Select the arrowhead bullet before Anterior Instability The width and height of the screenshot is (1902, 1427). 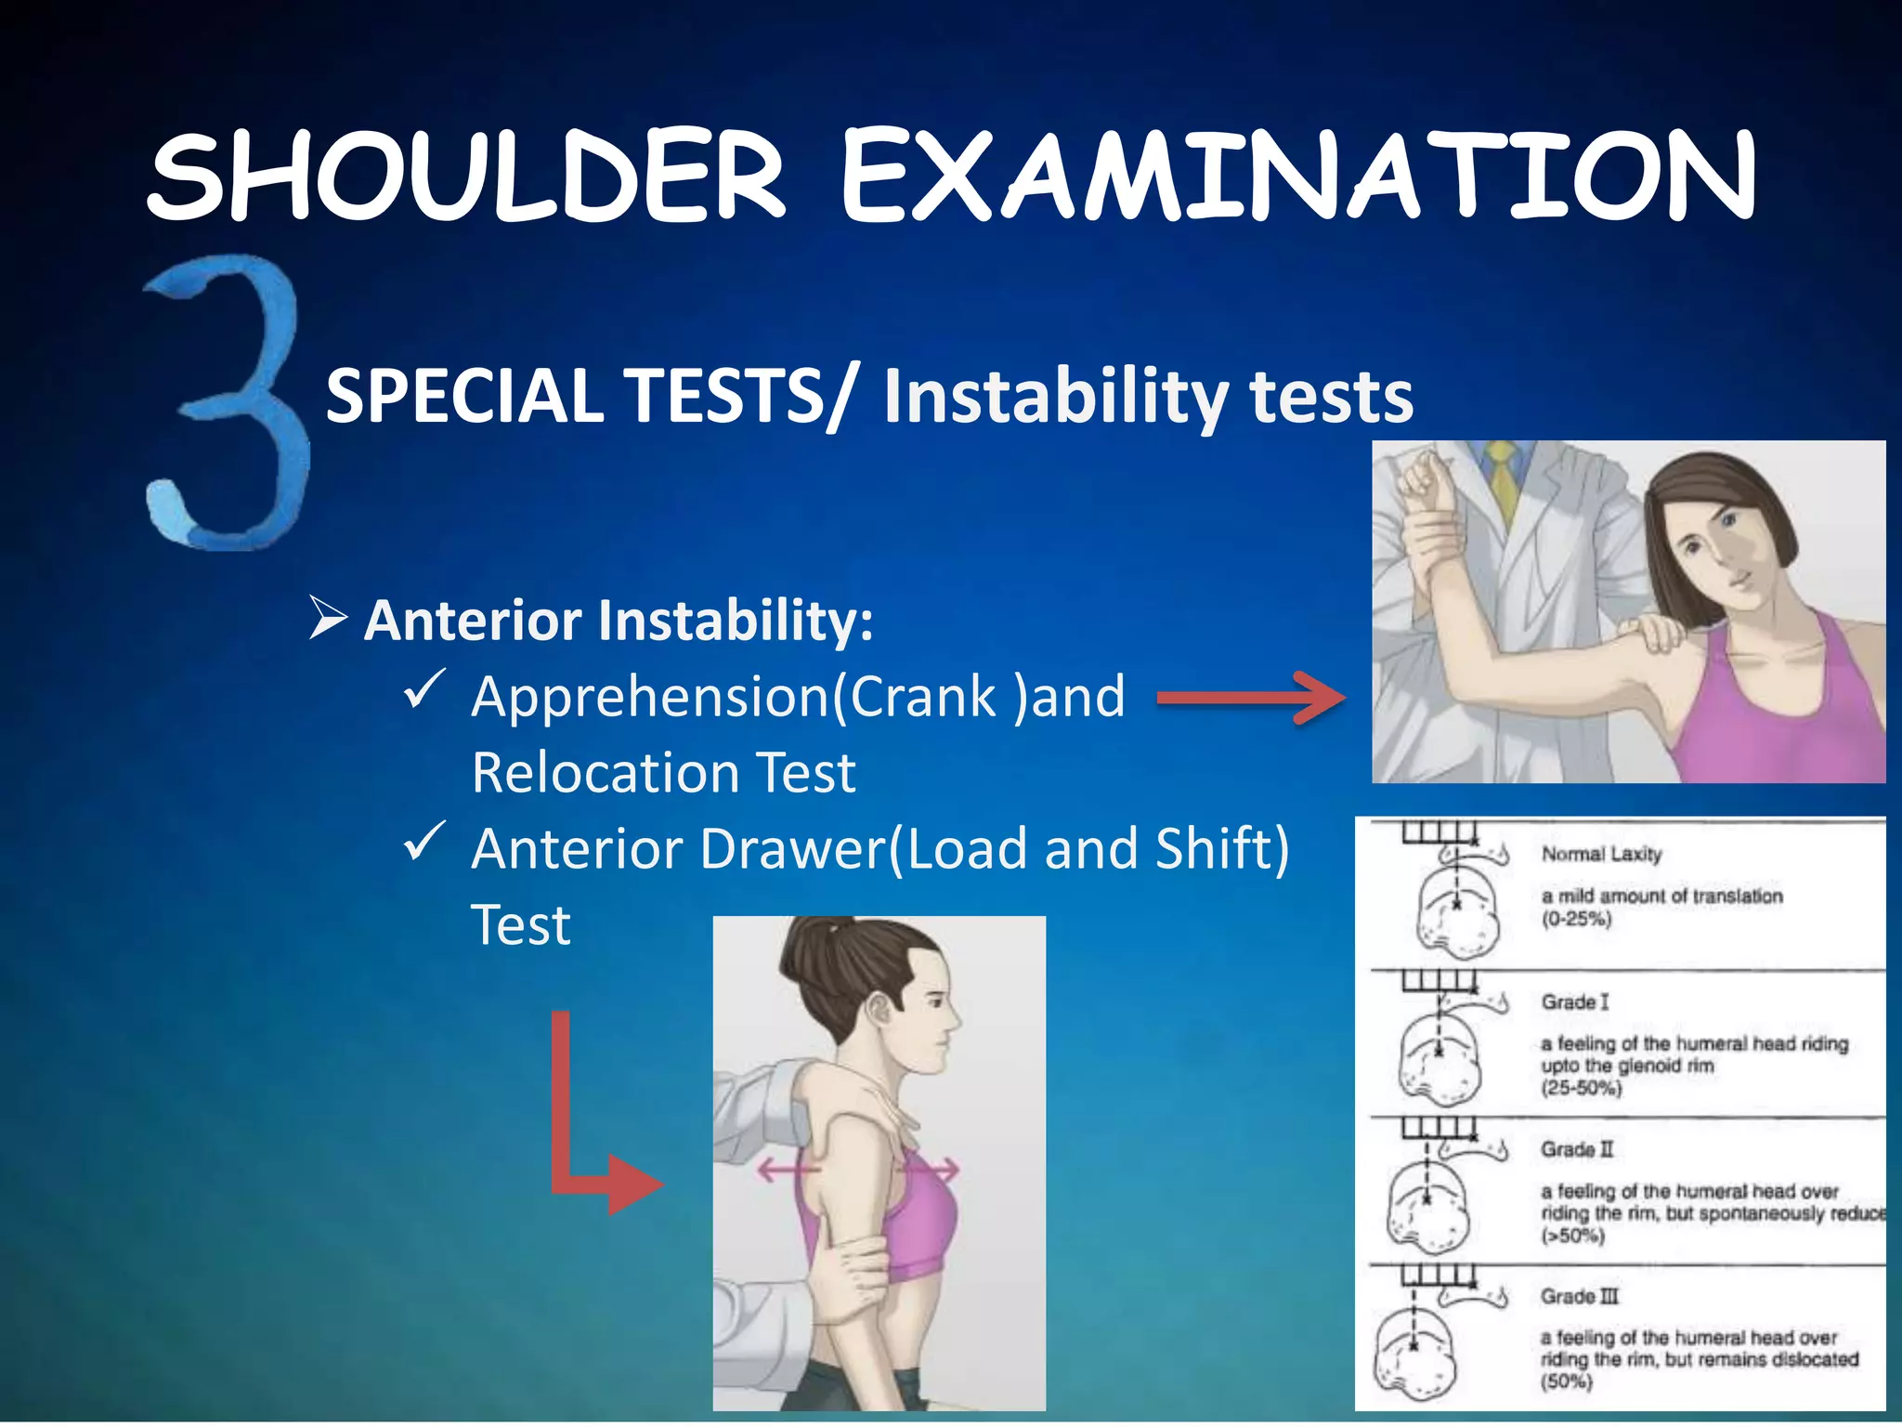pos(328,619)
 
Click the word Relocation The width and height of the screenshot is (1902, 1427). pos(604,773)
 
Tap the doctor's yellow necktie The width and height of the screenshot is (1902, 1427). pos(1500,478)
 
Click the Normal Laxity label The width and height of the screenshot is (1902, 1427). pos(1601,854)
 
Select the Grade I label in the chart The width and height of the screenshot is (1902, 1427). pos(1575,1002)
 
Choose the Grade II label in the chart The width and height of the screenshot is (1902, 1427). pos(1577,1149)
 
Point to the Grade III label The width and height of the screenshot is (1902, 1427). pos(1579,1296)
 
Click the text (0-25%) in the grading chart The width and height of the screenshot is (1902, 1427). pos(1576,920)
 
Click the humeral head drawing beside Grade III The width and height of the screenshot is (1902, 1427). pos(1414,1352)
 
